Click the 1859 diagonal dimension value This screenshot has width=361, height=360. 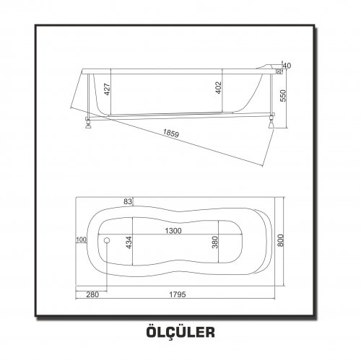pyautogui.click(x=171, y=133)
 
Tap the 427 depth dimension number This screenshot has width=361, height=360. pyautogui.click(x=108, y=89)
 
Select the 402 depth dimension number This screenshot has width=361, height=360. pyautogui.click(x=219, y=88)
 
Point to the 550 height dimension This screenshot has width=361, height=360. pyautogui.click(x=283, y=96)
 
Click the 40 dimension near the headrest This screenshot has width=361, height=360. pyautogui.click(x=287, y=66)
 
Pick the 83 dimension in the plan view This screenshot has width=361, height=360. pyautogui.click(x=128, y=201)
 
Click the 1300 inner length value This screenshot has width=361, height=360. pyautogui.click(x=173, y=231)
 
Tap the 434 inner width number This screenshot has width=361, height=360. pyautogui.click(x=129, y=242)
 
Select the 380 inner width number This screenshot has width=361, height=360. pyautogui.click(x=215, y=242)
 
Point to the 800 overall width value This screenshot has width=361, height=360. pyautogui.click(x=281, y=240)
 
